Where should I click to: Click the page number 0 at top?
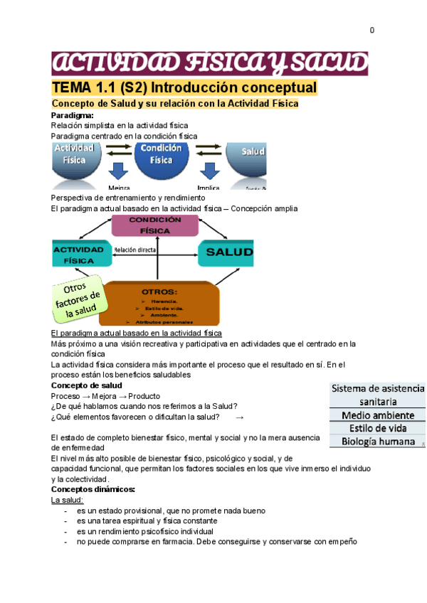[x=371, y=30]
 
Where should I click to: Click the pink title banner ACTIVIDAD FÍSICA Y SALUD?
[x=209, y=63]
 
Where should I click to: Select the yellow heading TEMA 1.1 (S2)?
[x=184, y=87]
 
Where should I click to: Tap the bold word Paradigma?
[x=72, y=114]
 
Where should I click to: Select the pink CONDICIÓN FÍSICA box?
[x=154, y=225]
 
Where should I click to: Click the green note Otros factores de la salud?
[x=78, y=298]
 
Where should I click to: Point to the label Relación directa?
[x=135, y=250]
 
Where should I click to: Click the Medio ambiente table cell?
[x=376, y=415]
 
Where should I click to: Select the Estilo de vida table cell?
[x=376, y=428]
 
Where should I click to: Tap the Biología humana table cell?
[x=376, y=442]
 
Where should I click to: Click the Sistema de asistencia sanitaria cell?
[x=376, y=395]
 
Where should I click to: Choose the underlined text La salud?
[x=68, y=500]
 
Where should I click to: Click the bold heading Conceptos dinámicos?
[x=93, y=489]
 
